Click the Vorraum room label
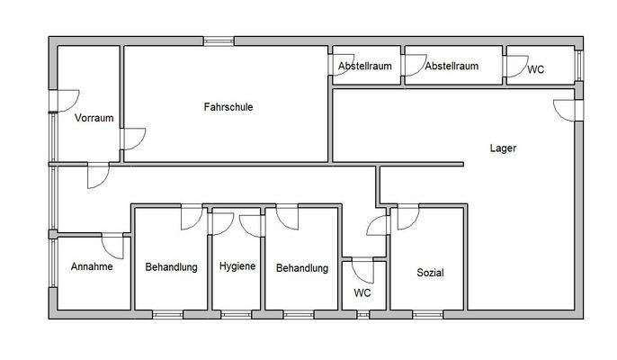tap(93, 119)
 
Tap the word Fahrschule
tap(228, 107)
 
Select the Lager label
tap(503, 148)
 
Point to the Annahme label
tap(91, 267)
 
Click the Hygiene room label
tap(237, 267)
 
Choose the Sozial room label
tap(429, 273)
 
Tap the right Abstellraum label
tap(451, 67)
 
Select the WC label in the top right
tap(535, 69)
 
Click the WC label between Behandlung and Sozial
tap(362, 293)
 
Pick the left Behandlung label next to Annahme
tap(171, 267)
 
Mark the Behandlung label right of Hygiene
tap(301, 268)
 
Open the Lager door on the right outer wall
tap(567, 108)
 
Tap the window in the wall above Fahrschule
tap(219, 40)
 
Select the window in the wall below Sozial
tap(428, 314)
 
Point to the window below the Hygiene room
tap(237, 314)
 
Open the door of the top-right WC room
tap(517, 65)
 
